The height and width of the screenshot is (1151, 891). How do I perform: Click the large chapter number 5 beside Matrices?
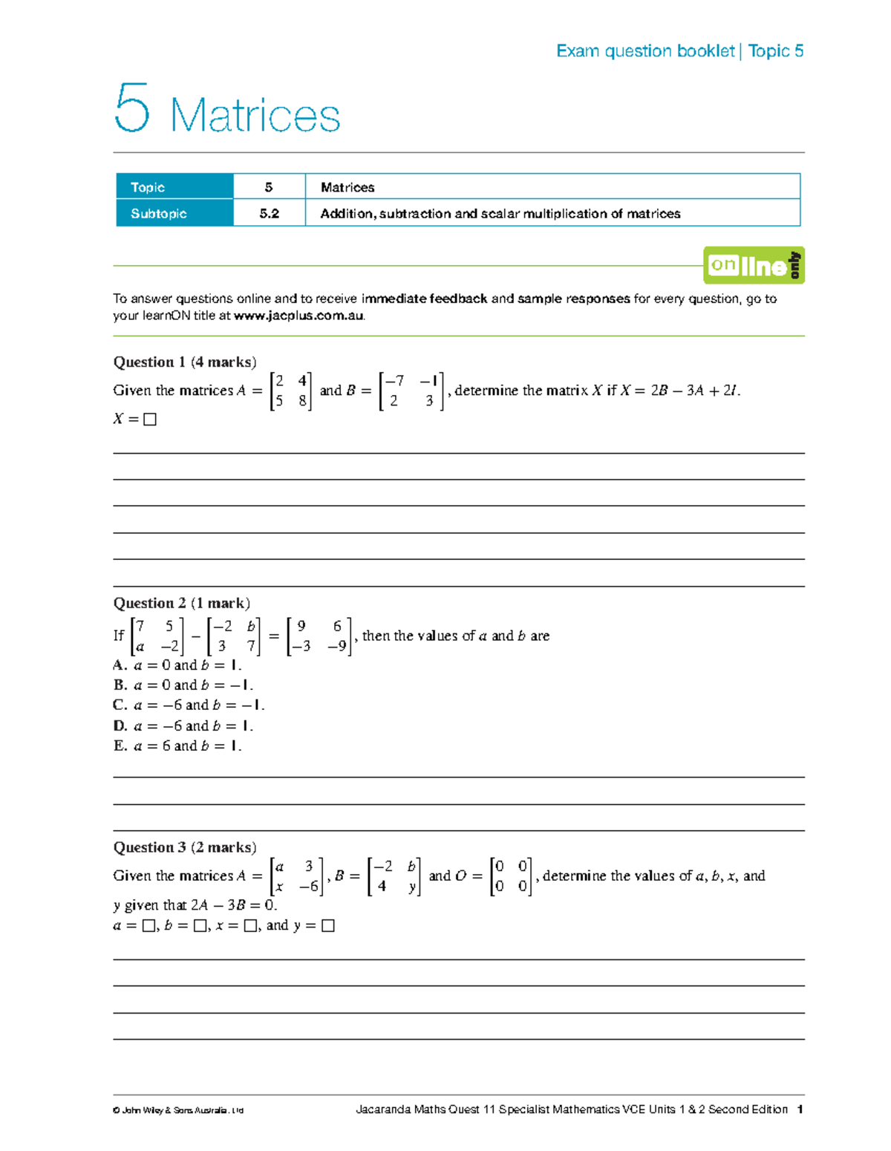point(132,108)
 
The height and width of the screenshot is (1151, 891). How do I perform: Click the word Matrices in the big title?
point(255,117)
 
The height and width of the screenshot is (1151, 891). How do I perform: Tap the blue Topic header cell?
point(174,187)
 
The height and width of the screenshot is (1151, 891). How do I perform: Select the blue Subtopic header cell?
point(174,214)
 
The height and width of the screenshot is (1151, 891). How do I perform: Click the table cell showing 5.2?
point(269,214)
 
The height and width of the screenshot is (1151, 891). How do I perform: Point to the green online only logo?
point(754,265)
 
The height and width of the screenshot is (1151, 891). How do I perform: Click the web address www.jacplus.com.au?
point(298,316)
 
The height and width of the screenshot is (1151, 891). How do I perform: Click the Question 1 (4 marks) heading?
point(185,362)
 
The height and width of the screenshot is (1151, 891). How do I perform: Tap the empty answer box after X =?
point(150,420)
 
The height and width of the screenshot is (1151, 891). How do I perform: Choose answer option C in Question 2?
point(189,705)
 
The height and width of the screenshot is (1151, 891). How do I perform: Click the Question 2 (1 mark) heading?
point(181,603)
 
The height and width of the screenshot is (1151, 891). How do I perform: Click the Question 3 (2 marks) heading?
point(185,847)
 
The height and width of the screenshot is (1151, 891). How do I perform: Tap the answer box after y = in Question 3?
point(328,926)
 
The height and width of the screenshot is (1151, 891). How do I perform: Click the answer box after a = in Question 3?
point(148,926)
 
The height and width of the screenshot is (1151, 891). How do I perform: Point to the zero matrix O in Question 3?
point(511,876)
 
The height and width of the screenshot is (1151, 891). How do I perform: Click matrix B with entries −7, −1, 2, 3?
point(411,391)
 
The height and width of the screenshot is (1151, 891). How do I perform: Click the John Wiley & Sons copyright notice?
point(178,1110)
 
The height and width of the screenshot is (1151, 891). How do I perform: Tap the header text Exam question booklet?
point(644,51)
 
